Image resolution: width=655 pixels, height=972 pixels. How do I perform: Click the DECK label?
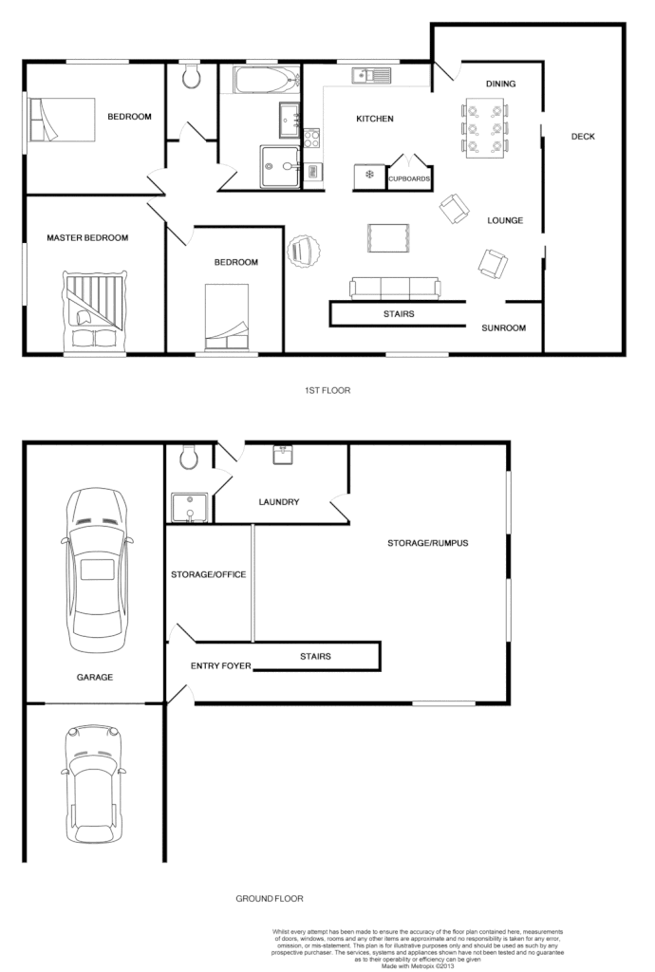(583, 137)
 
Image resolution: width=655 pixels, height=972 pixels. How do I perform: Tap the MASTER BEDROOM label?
(87, 237)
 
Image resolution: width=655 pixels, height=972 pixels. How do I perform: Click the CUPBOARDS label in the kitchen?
(410, 178)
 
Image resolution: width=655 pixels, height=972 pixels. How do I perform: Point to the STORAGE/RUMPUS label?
(428, 544)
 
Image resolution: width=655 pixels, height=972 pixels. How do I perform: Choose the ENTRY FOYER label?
(221, 665)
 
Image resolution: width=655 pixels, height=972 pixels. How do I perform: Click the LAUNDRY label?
(279, 502)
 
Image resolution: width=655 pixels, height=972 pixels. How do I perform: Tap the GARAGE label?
(95, 677)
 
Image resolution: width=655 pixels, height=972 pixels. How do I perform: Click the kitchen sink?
(372, 74)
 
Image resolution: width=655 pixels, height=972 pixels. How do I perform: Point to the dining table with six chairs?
(486, 127)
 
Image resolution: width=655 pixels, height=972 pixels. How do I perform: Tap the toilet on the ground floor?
(189, 458)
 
